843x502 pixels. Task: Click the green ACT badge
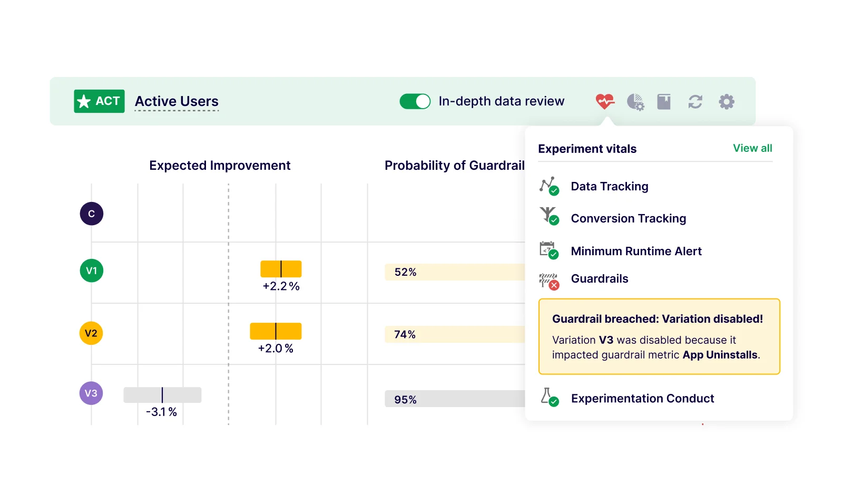click(99, 101)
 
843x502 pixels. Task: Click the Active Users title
click(177, 101)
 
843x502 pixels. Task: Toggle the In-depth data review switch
click(415, 101)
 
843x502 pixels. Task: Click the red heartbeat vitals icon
click(605, 101)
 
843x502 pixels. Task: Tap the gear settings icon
click(727, 101)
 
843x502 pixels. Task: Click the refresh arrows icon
click(695, 102)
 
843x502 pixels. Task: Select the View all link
click(752, 148)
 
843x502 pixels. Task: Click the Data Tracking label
click(610, 186)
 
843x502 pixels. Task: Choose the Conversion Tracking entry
click(628, 218)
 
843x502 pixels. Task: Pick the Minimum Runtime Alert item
click(636, 251)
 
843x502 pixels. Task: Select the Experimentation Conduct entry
click(642, 398)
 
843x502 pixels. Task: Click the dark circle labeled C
click(92, 214)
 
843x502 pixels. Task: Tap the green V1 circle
click(92, 271)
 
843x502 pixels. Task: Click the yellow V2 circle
click(91, 333)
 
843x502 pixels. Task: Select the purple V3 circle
click(91, 393)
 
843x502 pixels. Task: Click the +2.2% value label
click(281, 286)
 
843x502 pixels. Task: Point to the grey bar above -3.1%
click(162, 395)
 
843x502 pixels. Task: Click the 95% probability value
click(405, 400)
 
